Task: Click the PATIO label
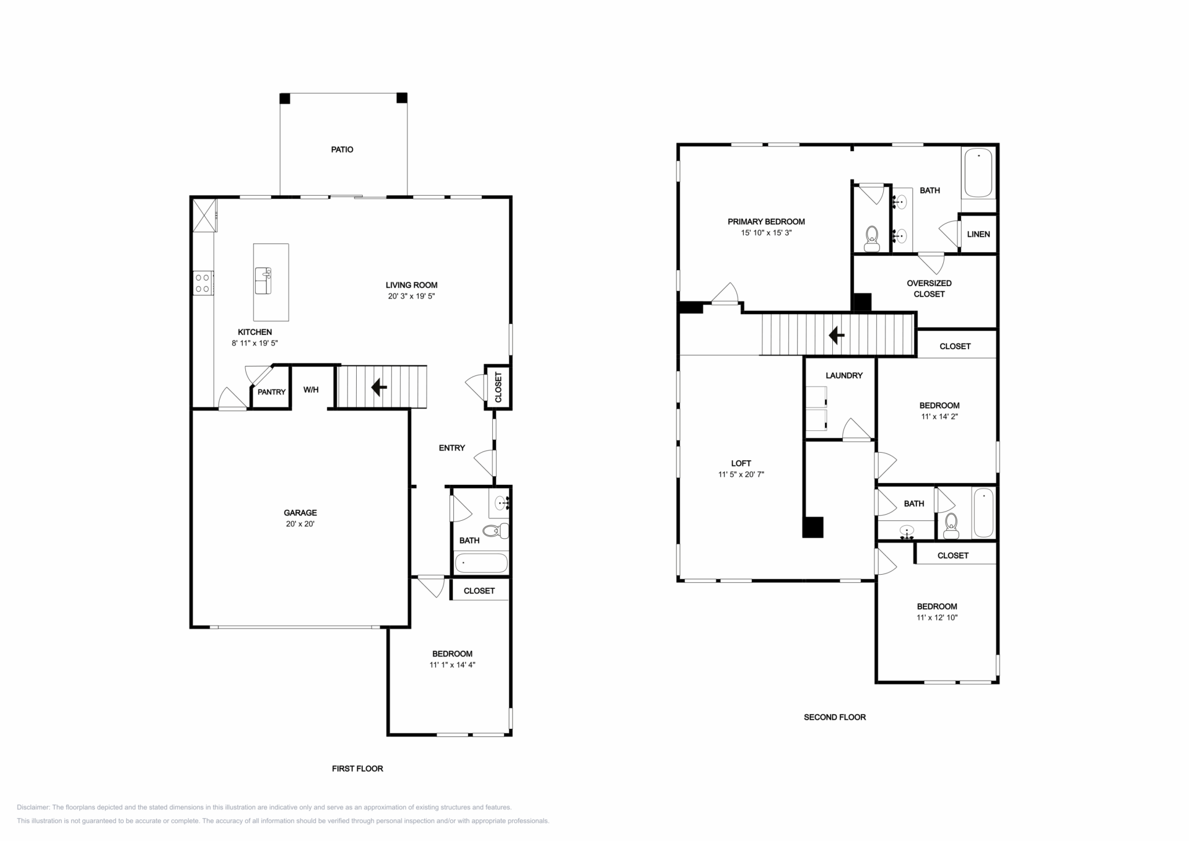click(x=342, y=149)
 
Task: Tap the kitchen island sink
click(x=263, y=281)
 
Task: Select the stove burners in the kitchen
click(x=203, y=284)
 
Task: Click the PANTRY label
click(x=271, y=392)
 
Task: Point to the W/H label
click(x=311, y=390)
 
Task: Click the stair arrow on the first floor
click(x=379, y=388)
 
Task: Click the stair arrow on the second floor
click(x=837, y=336)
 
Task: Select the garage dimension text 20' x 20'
click(x=300, y=524)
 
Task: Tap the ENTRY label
click(x=452, y=448)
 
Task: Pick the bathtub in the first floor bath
click(x=481, y=563)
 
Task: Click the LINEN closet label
click(x=978, y=234)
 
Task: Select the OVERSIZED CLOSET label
click(x=929, y=289)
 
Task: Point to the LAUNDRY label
click(x=844, y=375)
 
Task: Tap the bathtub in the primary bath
click(x=978, y=173)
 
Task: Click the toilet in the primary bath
click(x=872, y=239)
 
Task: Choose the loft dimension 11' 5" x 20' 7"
click(x=741, y=475)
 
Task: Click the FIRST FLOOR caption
click(x=357, y=769)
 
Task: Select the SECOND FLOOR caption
click(x=835, y=717)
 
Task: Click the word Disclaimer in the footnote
click(x=33, y=808)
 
